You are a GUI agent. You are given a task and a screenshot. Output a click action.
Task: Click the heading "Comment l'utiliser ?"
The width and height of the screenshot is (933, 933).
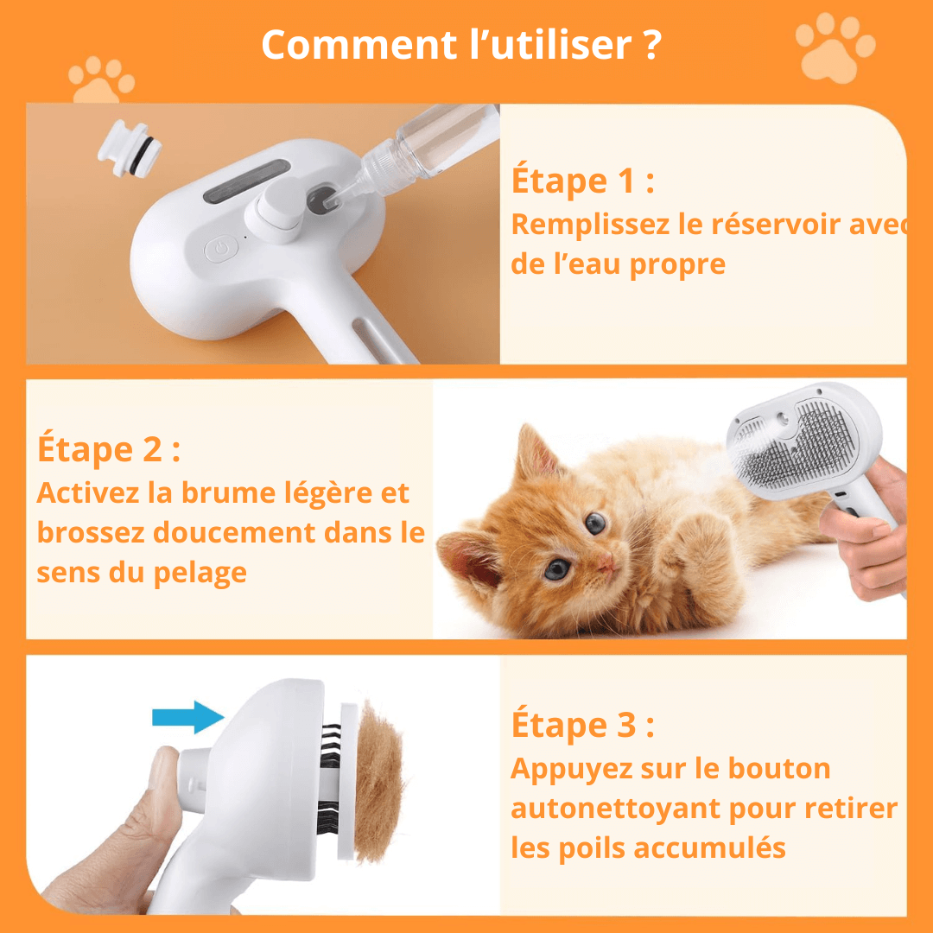click(461, 45)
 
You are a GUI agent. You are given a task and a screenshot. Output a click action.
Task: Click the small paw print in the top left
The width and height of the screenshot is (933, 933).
click(102, 80)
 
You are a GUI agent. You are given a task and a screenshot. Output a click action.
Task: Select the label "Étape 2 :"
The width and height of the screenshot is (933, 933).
click(109, 449)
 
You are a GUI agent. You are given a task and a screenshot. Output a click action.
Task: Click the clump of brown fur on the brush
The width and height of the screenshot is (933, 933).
click(378, 782)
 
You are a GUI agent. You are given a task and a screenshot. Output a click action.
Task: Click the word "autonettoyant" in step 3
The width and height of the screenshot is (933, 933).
click(616, 809)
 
